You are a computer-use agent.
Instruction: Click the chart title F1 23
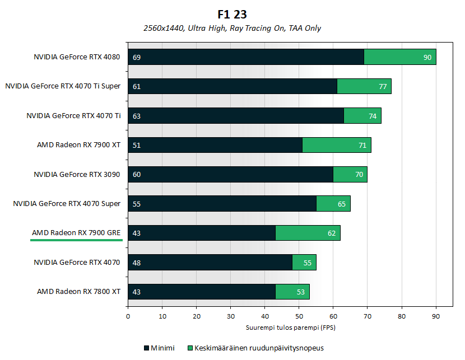click(232, 14)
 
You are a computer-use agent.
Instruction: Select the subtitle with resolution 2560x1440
click(232, 28)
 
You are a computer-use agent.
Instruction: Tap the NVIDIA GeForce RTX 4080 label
click(77, 57)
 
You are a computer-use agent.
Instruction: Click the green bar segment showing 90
click(399, 57)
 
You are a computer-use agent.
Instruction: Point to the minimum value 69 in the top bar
click(136, 57)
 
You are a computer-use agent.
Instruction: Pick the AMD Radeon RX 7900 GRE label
click(76, 233)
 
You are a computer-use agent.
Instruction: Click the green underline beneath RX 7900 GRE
click(76, 240)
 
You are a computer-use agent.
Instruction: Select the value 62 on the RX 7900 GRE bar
click(331, 233)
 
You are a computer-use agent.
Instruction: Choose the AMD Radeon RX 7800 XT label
click(79, 292)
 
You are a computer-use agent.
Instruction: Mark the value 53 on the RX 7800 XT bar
click(301, 292)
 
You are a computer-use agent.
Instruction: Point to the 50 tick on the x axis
click(299, 316)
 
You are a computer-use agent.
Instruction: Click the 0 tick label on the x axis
click(128, 316)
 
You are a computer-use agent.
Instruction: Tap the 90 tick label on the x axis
click(435, 316)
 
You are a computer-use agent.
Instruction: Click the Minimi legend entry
click(159, 348)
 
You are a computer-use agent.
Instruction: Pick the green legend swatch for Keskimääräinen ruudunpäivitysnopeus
click(190, 348)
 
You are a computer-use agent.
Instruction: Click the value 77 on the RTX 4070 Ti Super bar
click(383, 86)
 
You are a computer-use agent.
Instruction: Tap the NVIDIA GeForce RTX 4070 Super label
click(67, 204)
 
